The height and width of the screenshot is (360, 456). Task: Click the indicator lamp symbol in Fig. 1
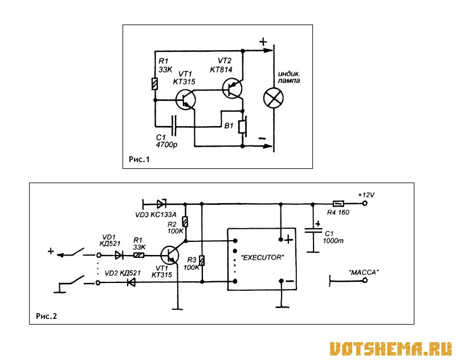274,98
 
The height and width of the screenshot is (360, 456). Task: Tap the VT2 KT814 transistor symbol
232,88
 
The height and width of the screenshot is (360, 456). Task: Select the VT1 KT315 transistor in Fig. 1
186,100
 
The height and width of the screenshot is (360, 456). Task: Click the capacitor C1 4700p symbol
174,126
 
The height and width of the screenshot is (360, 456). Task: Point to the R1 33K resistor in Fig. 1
154,84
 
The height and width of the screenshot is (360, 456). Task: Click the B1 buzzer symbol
243,127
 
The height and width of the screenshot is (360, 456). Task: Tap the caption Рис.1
139,159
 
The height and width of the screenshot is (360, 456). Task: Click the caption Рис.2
47,316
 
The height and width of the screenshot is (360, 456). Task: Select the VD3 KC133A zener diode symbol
161,204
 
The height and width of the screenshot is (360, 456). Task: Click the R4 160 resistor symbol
338,204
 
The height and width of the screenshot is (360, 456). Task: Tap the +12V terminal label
366,195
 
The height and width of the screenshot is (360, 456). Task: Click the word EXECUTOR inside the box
262,257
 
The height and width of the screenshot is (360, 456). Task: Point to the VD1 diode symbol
119,255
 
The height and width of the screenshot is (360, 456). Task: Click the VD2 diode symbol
132,282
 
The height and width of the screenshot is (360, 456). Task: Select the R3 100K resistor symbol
202,261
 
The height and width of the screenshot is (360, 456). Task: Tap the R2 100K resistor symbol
185,222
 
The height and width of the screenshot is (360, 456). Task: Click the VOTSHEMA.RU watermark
391,349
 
